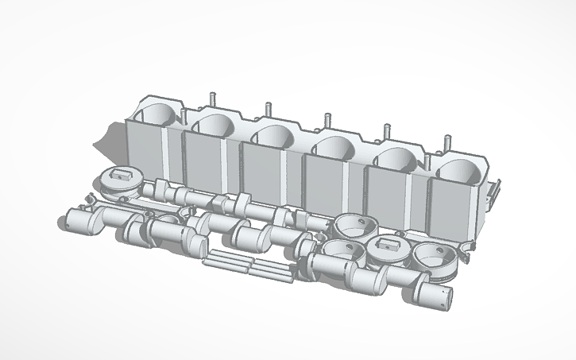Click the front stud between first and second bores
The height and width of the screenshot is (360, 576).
[184, 118]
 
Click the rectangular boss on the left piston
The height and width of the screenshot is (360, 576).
[122, 172]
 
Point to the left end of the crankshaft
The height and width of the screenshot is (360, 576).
[72, 221]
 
